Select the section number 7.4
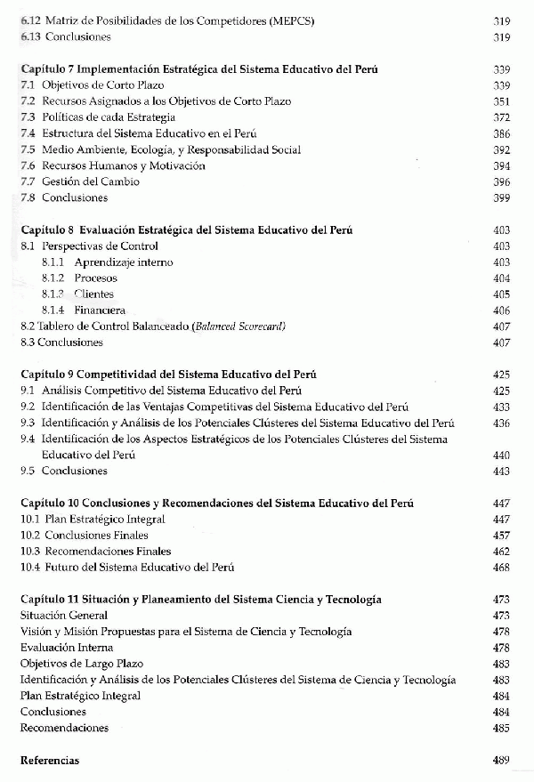coord(27,133)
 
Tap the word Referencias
coord(49,761)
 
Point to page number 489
coord(500,761)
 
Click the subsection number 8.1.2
coord(54,278)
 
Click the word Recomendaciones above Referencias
coord(64,728)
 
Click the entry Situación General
coord(64,615)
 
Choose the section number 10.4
coord(29,567)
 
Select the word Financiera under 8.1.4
coord(100,310)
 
